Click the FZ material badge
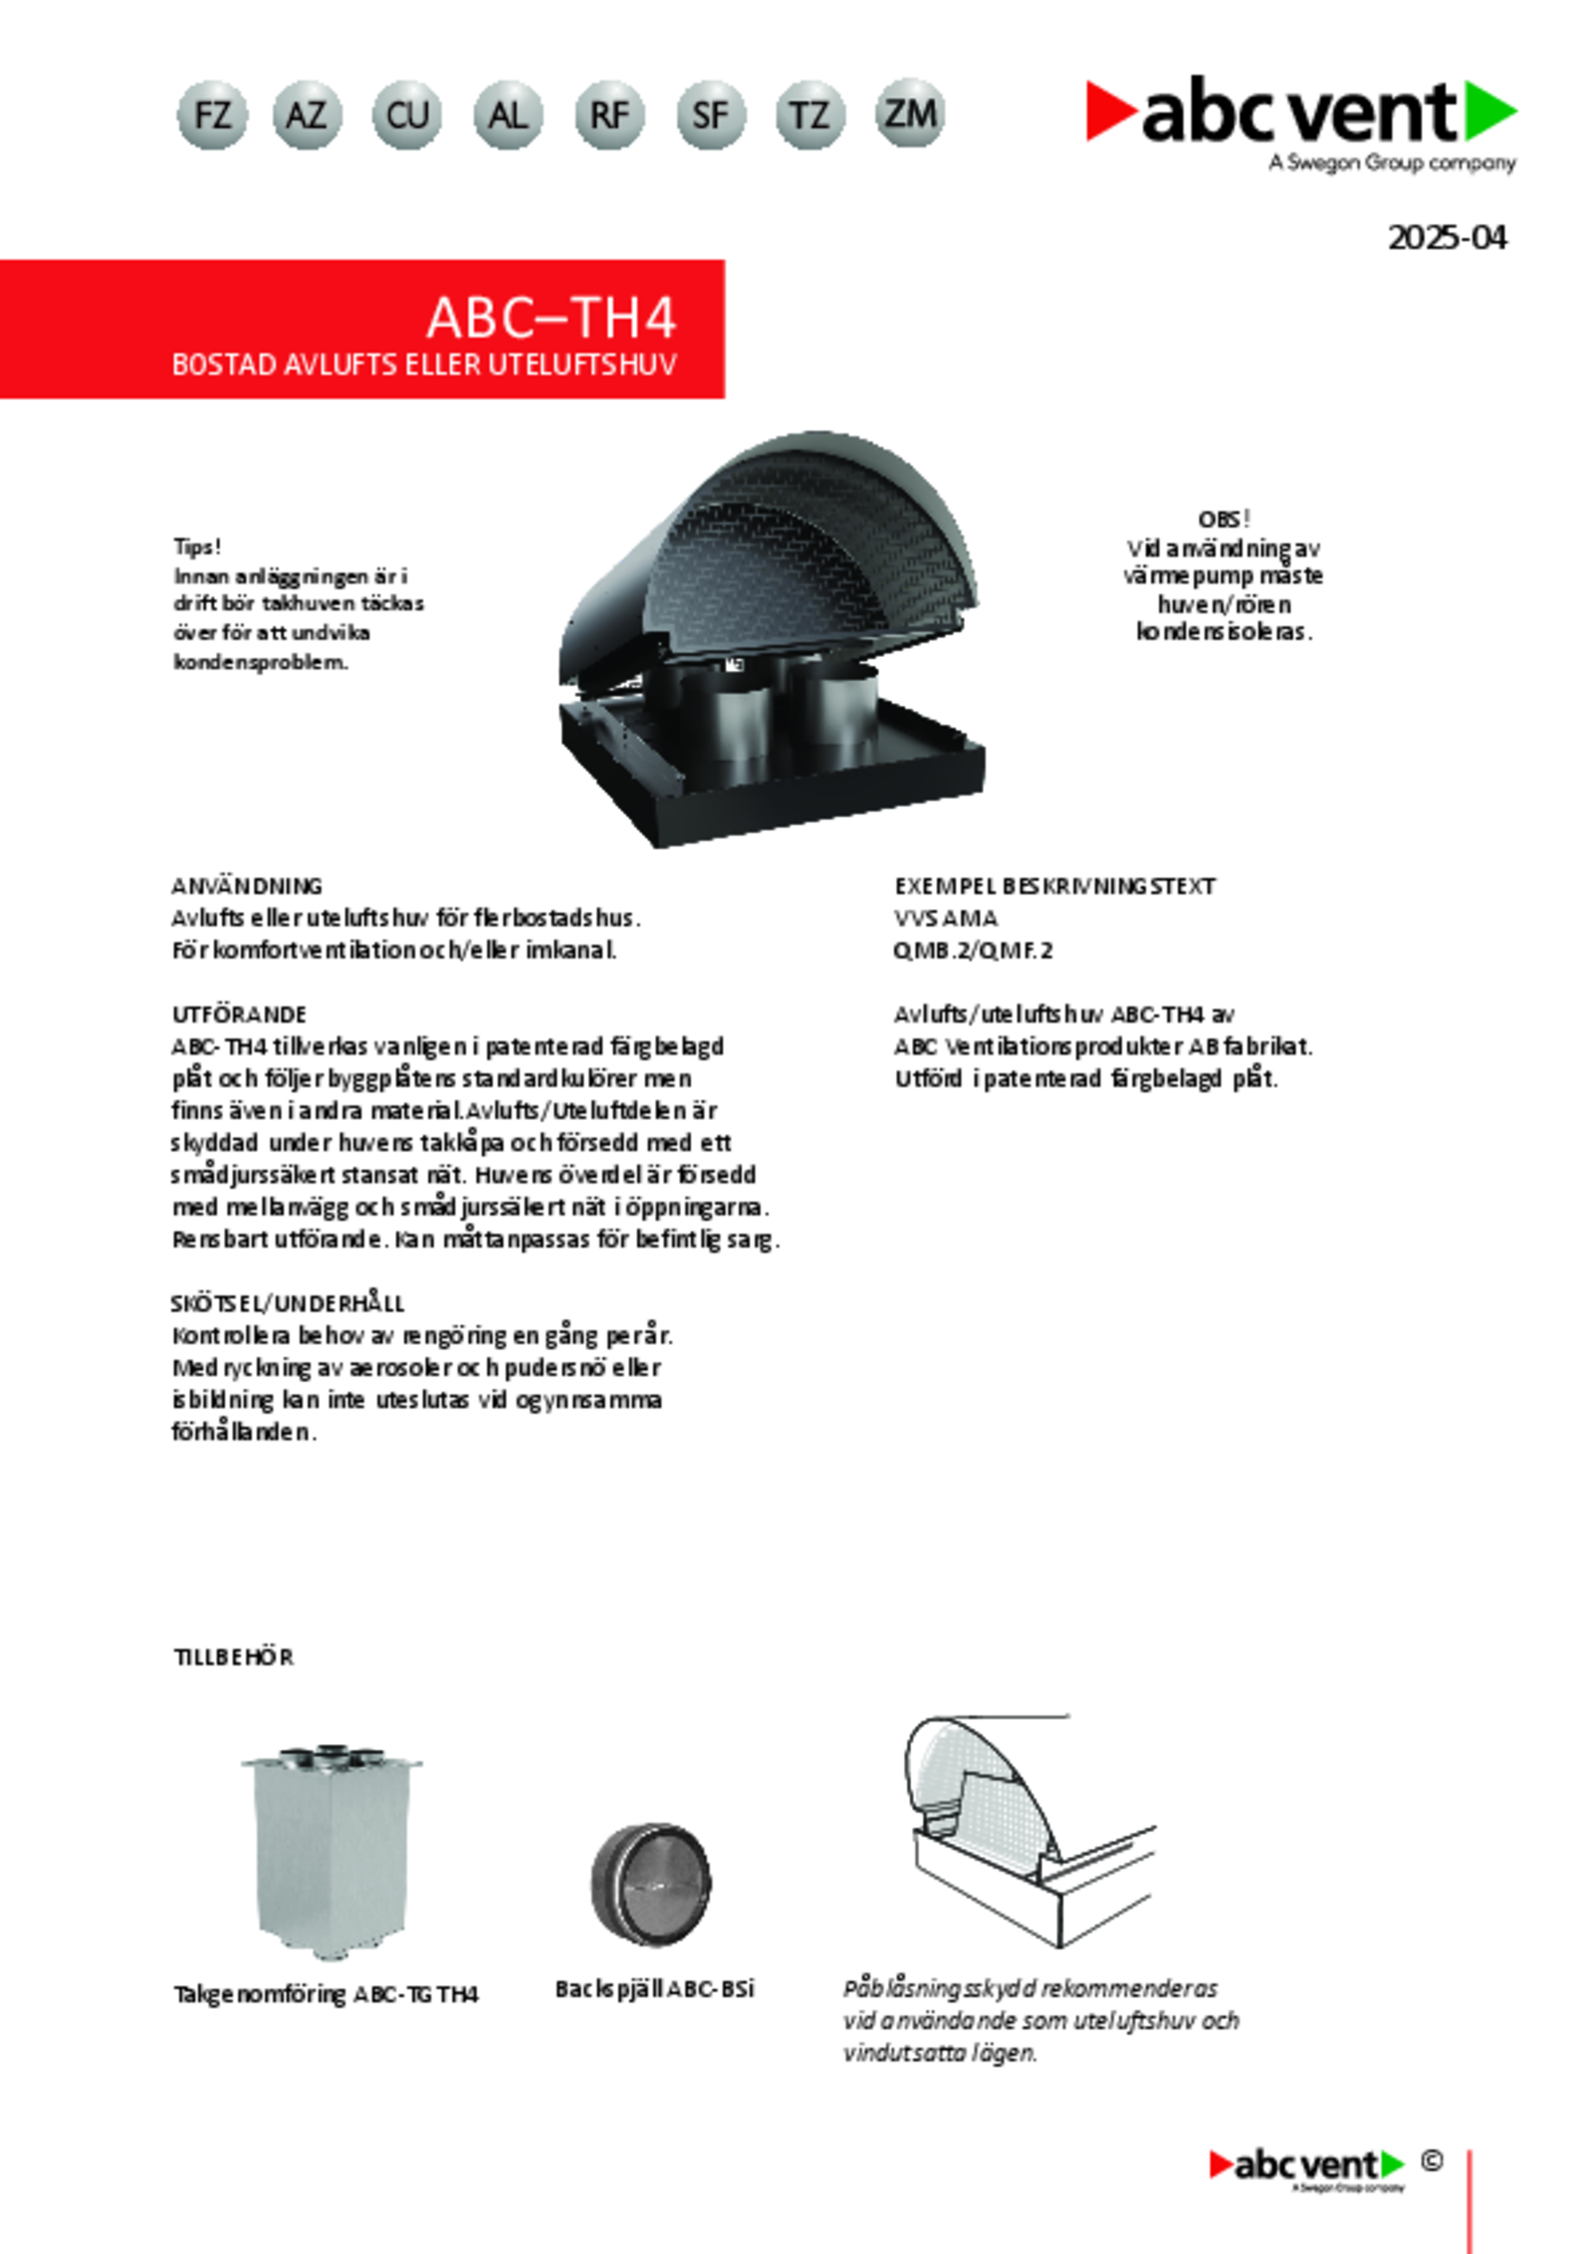pos(212,115)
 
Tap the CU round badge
pos(407,115)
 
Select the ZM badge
pos(910,113)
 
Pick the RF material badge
pos(609,115)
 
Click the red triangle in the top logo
pos(1109,110)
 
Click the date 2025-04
pos(1447,238)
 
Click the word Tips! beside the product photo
pos(197,547)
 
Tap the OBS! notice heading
pos(1224,519)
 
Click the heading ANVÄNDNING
pos(247,885)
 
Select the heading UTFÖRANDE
pos(239,1014)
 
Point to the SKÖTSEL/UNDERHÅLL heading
pos(288,1303)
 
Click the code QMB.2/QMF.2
pos(973,950)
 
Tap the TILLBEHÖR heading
pos(233,1658)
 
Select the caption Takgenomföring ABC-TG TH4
pos(326,1994)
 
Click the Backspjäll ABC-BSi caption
pos(654,1989)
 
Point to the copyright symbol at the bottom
pos(1432,2160)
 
